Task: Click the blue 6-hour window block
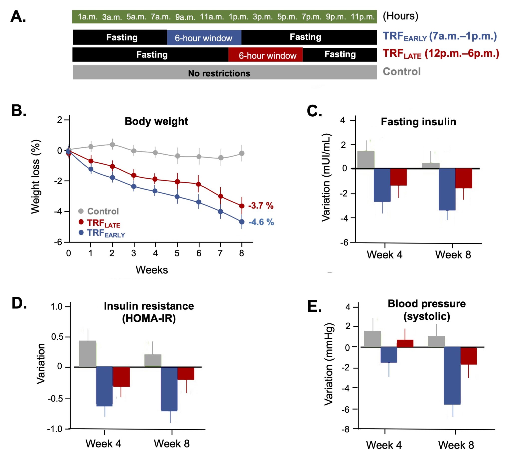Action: (x=204, y=38)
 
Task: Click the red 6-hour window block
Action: (x=265, y=55)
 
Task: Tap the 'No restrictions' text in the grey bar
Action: (x=219, y=73)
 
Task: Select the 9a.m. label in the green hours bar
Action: (x=185, y=17)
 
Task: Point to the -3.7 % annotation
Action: (x=261, y=206)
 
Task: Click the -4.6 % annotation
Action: (x=261, y=222)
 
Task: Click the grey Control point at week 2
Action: (x=113, y=144)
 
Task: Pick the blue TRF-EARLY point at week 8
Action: (x=242, y=222)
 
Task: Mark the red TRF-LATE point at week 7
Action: (x=221, y=196)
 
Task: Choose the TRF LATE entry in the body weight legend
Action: (x=103, y=223)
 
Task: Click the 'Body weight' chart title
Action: (x=156, y=121)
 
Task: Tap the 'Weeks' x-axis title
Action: (x=152, y=270)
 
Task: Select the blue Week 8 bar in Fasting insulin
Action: (x=447, y=189)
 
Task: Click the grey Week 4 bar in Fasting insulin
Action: (x=366, y=160)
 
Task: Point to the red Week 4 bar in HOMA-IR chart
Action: (x=121, y=377)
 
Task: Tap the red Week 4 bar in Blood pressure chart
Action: (x=405, y=344)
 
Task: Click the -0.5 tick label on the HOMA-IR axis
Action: (x=55, y=399)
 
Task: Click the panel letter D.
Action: (x=19, y=304)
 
